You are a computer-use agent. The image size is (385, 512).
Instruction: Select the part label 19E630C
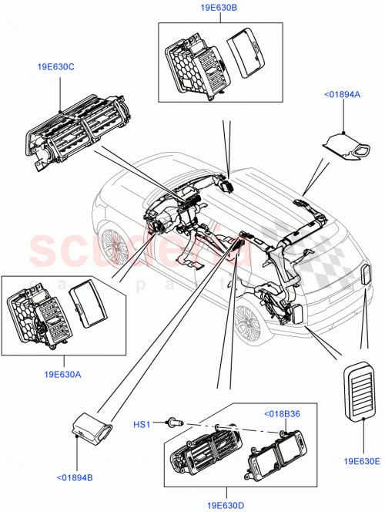pyautogui.click(x=55, y=67)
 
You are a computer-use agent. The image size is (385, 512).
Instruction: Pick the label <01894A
pyautogui.click(x=338, y=94)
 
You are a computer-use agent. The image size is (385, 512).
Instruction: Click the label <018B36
pyautogui.click(x=283, y=413)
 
